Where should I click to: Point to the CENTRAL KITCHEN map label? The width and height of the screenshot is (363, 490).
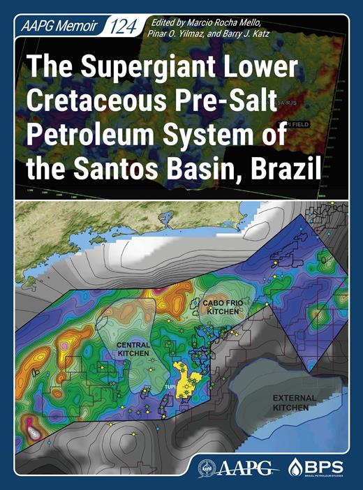click(133, 350)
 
